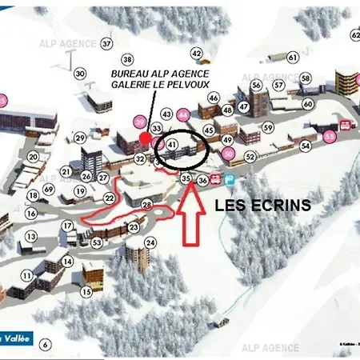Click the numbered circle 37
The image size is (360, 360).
coord(106,43)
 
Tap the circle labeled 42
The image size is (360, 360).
coord(197,54)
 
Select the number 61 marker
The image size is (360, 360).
coord(293,58)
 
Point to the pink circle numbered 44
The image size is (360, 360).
coord(184,114)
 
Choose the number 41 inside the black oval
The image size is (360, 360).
coord(173,143)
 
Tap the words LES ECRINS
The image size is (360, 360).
coord(262,205)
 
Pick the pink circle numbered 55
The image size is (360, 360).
coord(330,137)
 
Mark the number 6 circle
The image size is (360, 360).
coord(46,345)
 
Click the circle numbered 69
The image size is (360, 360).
coord(49,189)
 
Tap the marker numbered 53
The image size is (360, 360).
coord(97,242)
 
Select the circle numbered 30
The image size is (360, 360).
coord(80,74)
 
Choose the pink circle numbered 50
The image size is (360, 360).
coord(229,154)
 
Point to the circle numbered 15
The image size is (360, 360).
coord(86,291)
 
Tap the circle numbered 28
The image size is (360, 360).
coord(146,205)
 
